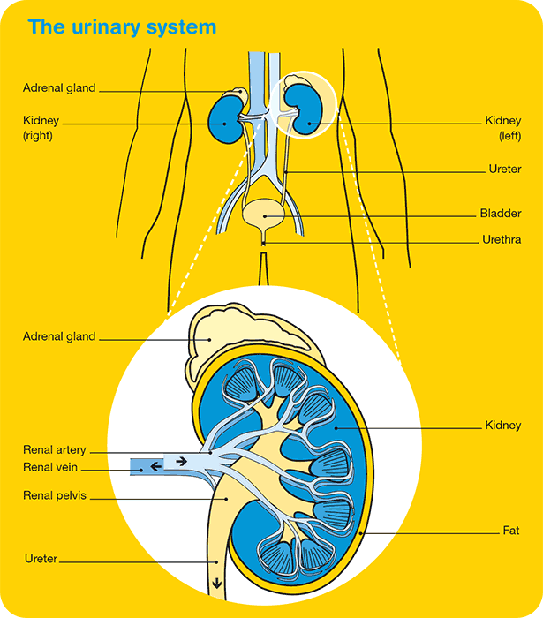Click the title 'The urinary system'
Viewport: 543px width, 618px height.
[x=122, y=26]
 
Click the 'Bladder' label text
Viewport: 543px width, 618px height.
[x=501, y=214]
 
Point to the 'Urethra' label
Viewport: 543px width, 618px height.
[x=501, y=239]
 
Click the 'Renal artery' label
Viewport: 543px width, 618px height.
[x=55, y=451]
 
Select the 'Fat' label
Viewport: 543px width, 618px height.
[x=510, y=531]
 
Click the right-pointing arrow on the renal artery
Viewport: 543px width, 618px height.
[x=180, y=460]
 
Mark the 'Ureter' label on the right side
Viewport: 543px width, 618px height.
[x=504, y=169]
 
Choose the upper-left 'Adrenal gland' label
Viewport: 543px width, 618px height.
[x=59, y=88]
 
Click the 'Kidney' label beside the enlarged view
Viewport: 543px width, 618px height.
[x=502, y=426]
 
